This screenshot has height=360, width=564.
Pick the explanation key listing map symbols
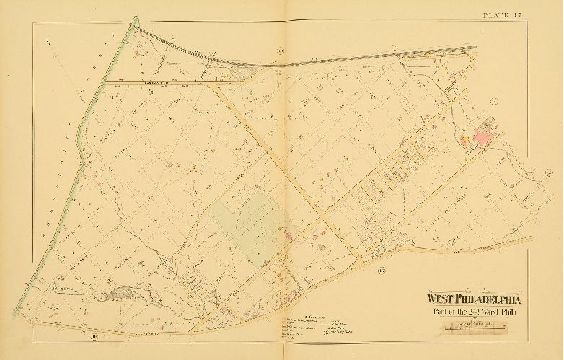304,325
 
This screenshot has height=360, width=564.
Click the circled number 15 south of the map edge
382,270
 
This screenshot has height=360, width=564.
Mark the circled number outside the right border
549,170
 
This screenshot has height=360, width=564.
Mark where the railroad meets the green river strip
135,22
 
